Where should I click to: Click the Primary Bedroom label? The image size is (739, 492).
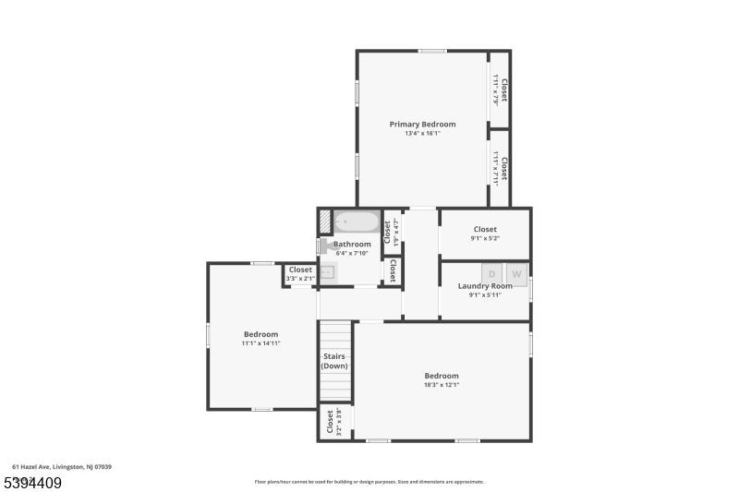click(x=422, y=124)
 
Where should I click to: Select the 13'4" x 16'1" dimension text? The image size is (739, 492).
click(x=422, y=134)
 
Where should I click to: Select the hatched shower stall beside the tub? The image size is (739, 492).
click(x=325, y=222)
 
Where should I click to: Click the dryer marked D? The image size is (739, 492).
click(x=491, y=273)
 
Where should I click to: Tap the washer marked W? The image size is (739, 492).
click(x=516, y=273)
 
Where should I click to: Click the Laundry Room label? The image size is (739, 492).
click(x=485, y=286)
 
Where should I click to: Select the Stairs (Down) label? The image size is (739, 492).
click(x=334, y=361)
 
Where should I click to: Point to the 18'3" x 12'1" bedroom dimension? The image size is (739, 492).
click(x=442, y=385)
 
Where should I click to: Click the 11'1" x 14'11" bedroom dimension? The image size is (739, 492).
click(x=260, y=343)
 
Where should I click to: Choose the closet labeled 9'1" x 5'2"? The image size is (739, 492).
click(x=485, y=234)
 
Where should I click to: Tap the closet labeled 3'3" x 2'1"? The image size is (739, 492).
click(x=300, y=274)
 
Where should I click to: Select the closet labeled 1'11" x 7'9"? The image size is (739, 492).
click(x=500, y=90)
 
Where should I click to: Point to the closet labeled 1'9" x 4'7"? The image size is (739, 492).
click(x=392, y=229)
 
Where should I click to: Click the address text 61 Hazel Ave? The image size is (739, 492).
click(x=62, y=467)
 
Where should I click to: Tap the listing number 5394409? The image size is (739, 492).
click(x=32, y=483)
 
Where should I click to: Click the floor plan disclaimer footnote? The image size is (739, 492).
click(x=369, y=481)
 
